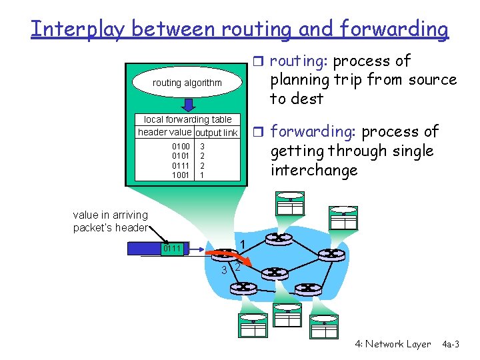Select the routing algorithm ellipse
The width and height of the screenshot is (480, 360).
tap(187, 83)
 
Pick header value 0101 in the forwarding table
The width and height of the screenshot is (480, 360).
tap(181, 156)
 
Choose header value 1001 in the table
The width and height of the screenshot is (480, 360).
tap(181, 175)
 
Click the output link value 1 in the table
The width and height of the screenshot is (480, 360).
tap(202, 175)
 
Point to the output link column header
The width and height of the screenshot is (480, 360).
tap(216, 133)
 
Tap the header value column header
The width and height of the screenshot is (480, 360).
tap(164, 132)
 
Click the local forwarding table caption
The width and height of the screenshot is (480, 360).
tap(188, 119)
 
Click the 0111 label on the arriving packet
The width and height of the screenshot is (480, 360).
tap(172, 249)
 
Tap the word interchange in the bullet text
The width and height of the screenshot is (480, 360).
tap(313, 170)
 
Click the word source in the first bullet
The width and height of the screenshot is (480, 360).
tap(433, 80)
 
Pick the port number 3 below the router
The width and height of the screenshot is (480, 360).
tap(224, 269)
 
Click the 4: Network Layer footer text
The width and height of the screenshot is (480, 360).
tap(393, 344)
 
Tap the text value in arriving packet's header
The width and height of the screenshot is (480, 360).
tap(111, 221)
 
